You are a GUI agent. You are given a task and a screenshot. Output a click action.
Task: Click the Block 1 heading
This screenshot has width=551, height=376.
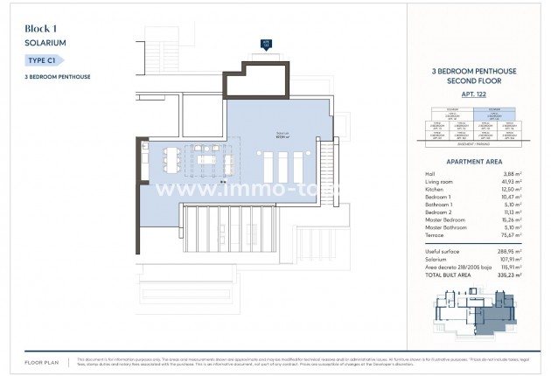(x=44, y=29)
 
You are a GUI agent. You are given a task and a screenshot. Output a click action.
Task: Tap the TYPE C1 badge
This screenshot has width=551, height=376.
(x=44, y=59)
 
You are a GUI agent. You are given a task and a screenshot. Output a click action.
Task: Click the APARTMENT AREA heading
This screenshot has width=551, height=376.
(x=473, y=162)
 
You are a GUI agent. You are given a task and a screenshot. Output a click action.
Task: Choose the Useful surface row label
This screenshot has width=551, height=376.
(x=438, y=251)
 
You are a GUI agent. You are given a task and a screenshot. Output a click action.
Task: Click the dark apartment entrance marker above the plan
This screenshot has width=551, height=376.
(x=267, y=42)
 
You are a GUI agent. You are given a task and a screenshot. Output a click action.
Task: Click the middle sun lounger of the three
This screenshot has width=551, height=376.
(x=282, y=164)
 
